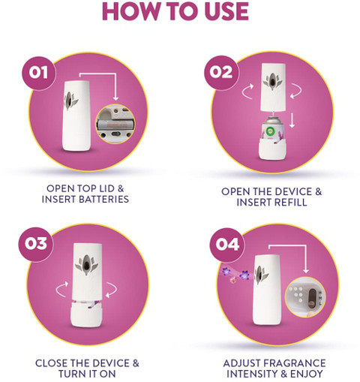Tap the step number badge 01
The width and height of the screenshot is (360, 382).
pos(38,73)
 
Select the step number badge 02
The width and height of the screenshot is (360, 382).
pos(221,73)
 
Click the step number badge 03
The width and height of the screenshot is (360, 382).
pos(36,243)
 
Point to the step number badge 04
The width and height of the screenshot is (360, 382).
pos(227,245)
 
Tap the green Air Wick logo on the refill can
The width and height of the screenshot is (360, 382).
pos(270,131)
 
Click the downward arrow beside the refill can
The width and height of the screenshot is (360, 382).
pos(292,120)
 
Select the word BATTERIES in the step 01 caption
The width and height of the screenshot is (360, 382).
pos(103,200)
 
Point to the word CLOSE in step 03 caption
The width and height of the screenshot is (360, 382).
pos(51,363)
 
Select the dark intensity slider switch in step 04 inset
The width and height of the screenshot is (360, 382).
pos(312,298)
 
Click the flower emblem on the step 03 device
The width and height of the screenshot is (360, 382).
pos(86,265)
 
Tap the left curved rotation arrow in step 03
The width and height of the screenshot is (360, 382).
pos(62,289)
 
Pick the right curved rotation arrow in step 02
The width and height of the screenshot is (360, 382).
pos(295,91)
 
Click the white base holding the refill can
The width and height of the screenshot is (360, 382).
pos(272,149)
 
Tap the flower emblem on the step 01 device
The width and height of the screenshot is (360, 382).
pos(70,100)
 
